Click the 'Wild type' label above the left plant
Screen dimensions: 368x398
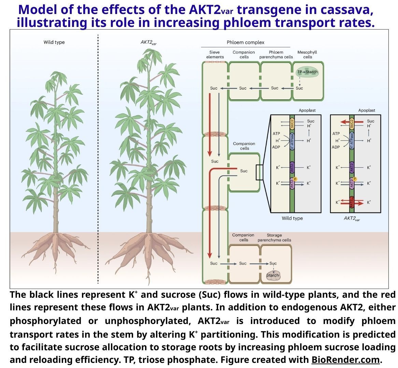[54, 42]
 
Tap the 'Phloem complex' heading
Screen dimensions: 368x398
[245, 42]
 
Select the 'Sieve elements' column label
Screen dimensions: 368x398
[215, 55]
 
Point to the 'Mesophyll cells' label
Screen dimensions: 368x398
[307, 55]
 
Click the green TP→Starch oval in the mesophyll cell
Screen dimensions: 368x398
[307, 72]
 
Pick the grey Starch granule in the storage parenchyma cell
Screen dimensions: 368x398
[272, 276]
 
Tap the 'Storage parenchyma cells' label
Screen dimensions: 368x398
[274, 237]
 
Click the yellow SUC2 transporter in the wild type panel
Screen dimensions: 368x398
[292, 123]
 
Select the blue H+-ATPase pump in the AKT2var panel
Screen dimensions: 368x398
[352, 141]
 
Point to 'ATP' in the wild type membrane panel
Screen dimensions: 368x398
[276, 134]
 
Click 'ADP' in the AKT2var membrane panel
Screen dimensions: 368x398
[336, 147]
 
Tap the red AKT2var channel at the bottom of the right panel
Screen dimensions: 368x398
[352, 202]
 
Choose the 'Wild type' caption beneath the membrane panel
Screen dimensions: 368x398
[292, 218]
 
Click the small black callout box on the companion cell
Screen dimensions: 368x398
[259, 172]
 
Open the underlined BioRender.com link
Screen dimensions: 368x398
[345, 360]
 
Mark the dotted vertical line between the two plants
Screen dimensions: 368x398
[98, 160]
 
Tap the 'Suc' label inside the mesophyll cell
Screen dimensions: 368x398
[299, 88]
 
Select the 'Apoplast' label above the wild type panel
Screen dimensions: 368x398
[307, 110]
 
